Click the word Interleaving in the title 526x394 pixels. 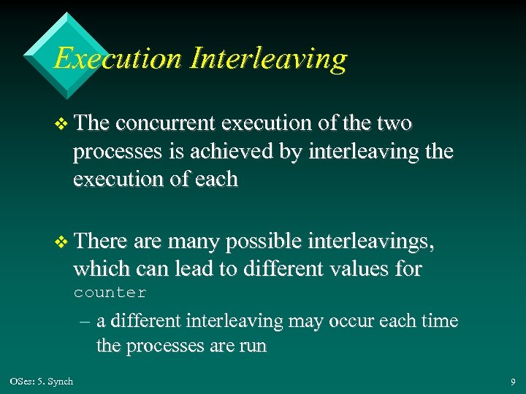coord(268,58)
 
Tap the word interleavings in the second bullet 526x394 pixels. coord(370,242)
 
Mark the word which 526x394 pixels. coord(99,269)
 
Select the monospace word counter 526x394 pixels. coord(110,293)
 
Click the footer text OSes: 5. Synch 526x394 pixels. coord(42,381)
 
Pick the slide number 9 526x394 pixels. coord(511,381)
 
